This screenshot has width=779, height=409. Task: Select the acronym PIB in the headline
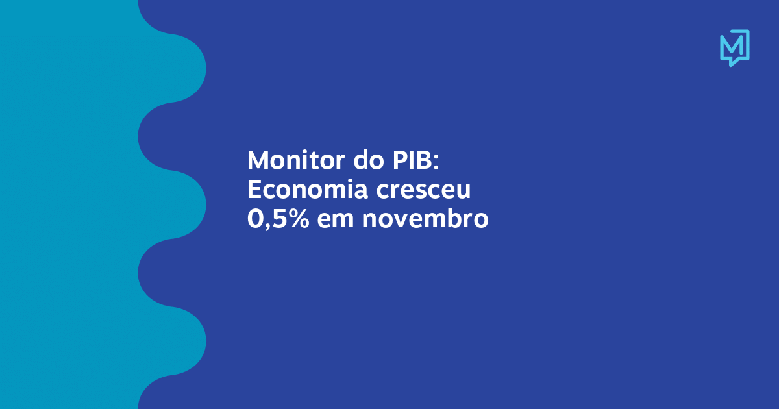pyautogui.click(x=408, y=160)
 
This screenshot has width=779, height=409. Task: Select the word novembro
pyautogui.click(x=425, y=220)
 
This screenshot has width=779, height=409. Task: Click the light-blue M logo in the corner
pyautogui.click(x=734, y=47)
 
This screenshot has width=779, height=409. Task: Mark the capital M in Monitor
pyautogui.click(x=258, y=160)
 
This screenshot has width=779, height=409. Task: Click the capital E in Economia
pyautogui.click(x=254, y=190)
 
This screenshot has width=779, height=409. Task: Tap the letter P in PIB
pyautogui.click(x=393, y=160)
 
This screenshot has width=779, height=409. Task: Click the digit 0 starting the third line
pyautogui.click(x=255, y=220)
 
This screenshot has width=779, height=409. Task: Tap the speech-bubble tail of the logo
pyautogui.click(x=732, y=62)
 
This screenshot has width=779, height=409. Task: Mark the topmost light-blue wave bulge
pyautogui.click(x=188, y=68)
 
